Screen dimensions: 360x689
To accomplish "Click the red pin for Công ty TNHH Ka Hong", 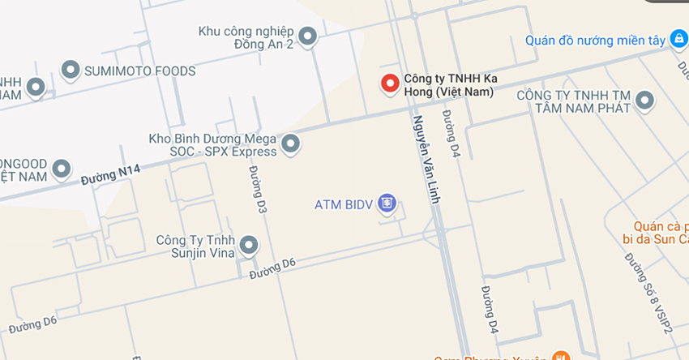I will click(x=390, y=83).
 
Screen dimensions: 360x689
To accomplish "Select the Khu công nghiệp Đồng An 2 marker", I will click(x=307, y=36).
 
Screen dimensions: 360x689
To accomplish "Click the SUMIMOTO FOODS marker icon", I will click(x=71, y=71).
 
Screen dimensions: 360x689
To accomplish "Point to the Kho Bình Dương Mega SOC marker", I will click(x=290, y=145).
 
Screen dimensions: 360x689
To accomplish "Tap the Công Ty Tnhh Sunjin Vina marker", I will click(x=249, y=244).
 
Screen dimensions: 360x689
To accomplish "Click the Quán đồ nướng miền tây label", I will click(x=594, y=40).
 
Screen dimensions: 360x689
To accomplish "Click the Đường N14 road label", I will click(x=110, y=173).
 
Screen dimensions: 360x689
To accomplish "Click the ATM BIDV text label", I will click(x=343, y=204).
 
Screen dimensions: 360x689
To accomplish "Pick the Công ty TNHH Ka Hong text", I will click(x=450, y=85).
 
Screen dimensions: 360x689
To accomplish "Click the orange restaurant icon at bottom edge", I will click(x=559, y=356).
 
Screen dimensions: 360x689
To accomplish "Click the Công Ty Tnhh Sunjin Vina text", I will click(x=196, y=246).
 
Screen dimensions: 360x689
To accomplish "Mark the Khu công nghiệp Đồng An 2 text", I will click(x=246, y=37).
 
